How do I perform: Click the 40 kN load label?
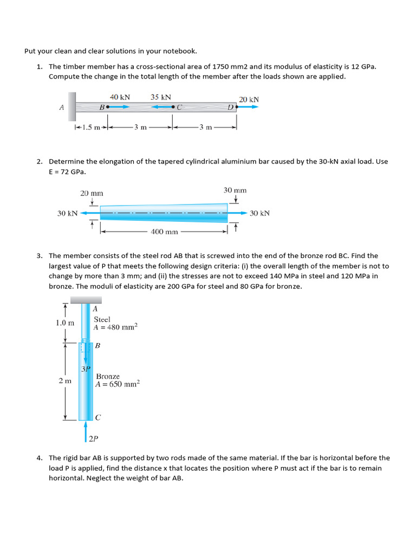click(x=120, y=97)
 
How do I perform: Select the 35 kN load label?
click(x=161, y=97)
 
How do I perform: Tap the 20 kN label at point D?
click(x=249, y=100)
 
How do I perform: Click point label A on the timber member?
click(x=61, y=107)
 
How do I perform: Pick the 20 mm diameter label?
click(x=92, y=193)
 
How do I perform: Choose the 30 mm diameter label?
click(x=235, y=190)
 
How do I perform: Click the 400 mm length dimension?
click(x=164, y=232)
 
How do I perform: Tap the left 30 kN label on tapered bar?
click(x=68, y=213)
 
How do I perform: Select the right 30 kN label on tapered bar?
click(x=259, y=213)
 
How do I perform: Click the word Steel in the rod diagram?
click(x=102, y=319)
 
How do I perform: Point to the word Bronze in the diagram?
click(x=108, y=376)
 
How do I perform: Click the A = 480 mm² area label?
click(x=115, y=327)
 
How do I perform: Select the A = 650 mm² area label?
click(x=117, y=384)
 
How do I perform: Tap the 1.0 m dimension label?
click(x=64, y=323)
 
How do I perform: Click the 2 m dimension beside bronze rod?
click(x=64, y=381)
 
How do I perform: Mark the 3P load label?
click(x=86, y=369)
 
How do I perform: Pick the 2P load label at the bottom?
click(x=93, y=438)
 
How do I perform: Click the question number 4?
click(x=40, y=458)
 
